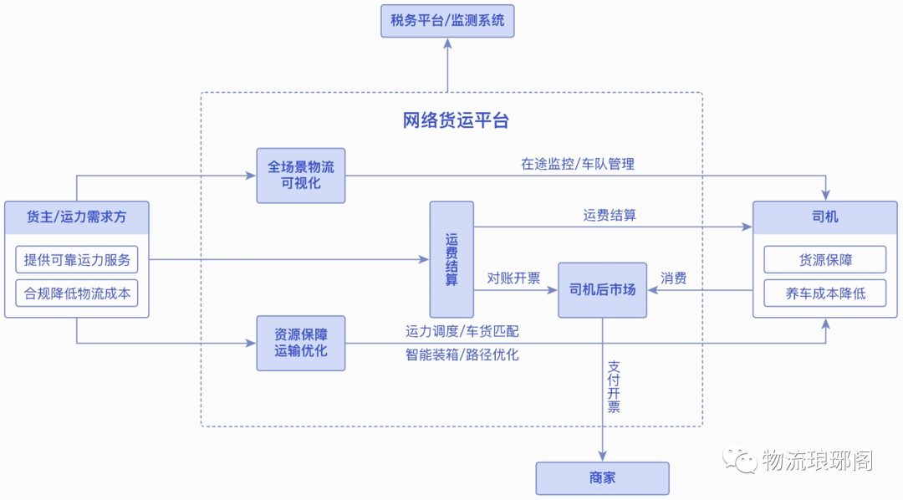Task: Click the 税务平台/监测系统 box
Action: click(447, 21)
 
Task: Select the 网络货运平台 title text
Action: click(456, 120)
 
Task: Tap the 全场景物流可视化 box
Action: click(301, 176)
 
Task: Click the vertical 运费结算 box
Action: click(451, 259)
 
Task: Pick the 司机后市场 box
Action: click(602, 290)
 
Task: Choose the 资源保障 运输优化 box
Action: click(301, 343)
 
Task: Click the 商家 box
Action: click(602, 478)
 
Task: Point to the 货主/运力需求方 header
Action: click(77, 217)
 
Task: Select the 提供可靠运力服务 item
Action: click(77, 260)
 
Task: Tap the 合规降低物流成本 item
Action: click(77, 293)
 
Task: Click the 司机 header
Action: click(825, 217)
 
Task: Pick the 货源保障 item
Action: click(825, 260)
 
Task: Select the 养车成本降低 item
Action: click(825, 293)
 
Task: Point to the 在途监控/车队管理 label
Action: click(578, 164)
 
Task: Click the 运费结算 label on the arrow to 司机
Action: click(610, 215)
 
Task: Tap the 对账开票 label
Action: click(513, 278)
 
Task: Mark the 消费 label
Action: click(674, 278)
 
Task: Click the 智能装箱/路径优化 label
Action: click(462, 355)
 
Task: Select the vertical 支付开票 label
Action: click(614, 387)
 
